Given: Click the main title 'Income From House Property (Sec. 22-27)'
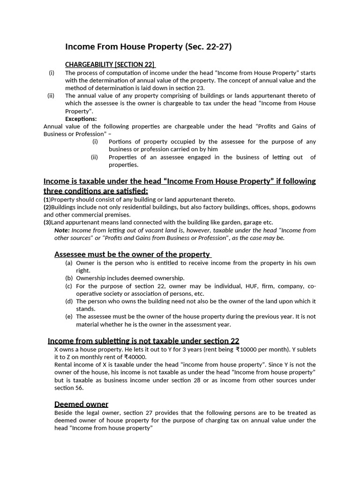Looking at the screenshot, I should (x=148, y=47).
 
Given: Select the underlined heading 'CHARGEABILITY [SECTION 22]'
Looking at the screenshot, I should (x=110, y=65).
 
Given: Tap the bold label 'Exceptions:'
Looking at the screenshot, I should (x=81, y=119).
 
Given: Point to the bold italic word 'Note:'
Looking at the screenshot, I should (x=62, y=230).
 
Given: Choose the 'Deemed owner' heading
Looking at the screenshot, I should (x=81, y=404).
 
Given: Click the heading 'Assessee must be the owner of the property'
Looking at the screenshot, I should (x=133, y=254).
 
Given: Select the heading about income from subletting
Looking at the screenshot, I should (x=144, y=340).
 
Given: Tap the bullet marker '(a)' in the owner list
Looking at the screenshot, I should (x=69, y=263).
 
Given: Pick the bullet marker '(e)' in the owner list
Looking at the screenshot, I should (x=69, y=316).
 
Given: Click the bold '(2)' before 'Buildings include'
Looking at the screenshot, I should (x=47, y=207).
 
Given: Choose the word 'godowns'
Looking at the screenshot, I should (x=304, y=207).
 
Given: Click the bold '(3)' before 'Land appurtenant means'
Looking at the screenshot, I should (x=47, y=222).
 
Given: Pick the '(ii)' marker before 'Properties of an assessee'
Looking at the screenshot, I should (x=94, y=157).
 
